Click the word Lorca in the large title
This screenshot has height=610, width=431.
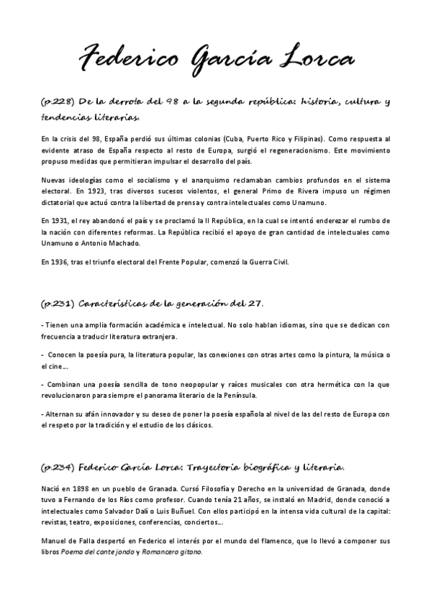click(309, 56)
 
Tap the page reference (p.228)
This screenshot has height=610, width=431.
click(55, 101)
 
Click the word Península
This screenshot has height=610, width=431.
click(236, 396)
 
